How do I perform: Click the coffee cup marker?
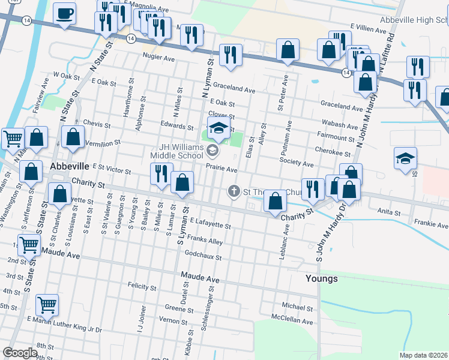click(x=64, y=13)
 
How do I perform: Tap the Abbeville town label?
click(x=69, y=166)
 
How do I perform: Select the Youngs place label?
click(x=321, y=279)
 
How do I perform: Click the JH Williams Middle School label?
click(x=181, y=151)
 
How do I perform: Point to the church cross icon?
click(x=234, y=191)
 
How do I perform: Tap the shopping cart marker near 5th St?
click(x=47, y=304)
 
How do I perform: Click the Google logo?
click(x=20, y=353)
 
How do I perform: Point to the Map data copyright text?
click(x=424, y=355)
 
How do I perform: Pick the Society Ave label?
click(x=297, y=163)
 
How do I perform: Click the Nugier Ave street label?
click(x=158, y=58)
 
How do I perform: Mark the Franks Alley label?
click(x=205, y=241)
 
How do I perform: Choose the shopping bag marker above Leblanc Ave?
click(x=275, y=202)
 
